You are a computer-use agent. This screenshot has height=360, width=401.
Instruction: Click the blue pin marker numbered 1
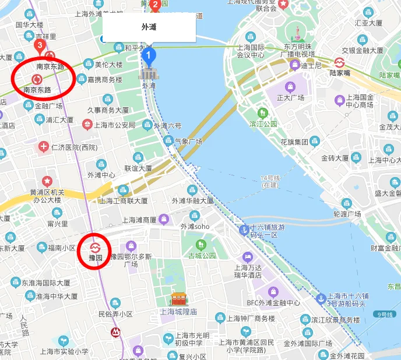click(x=149, y=57)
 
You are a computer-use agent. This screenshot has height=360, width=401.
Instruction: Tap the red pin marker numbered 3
click(x=40, y=45)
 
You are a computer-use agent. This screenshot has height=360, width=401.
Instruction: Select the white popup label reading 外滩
click(x=149, y=27)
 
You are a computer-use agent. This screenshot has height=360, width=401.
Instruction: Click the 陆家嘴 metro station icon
click(x=339, y=62)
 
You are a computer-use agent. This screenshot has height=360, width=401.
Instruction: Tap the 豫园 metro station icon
click(x=96, y=246)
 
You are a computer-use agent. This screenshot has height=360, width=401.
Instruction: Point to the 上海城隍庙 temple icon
click(x=178, y=300)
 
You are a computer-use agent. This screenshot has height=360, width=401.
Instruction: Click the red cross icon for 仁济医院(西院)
click(x=43, y=146)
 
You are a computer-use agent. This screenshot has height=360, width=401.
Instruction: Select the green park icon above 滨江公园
click(x=263, y=112)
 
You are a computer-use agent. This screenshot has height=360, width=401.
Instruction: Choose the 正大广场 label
click(x=291, y=97)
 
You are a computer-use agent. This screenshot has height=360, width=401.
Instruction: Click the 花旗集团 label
click(x=294, y=142)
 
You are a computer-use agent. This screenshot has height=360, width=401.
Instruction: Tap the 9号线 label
click(x=385, y=315)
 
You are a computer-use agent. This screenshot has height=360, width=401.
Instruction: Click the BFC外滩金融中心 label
click(x=273, y=303)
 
